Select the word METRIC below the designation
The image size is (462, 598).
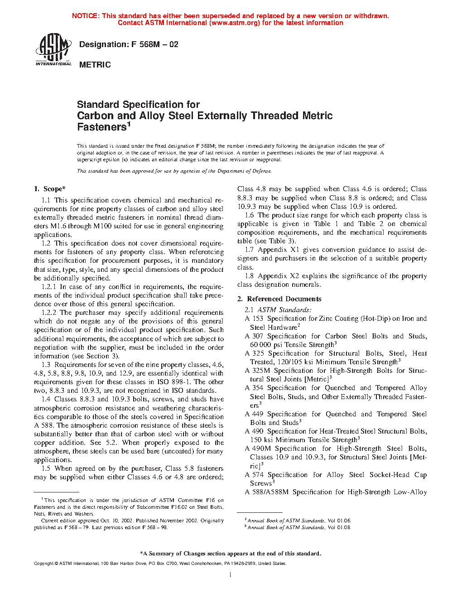95,65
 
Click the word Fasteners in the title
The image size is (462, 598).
101,127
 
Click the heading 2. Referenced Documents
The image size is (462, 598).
279,299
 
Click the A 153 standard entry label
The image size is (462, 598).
254,318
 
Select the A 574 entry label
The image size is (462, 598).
254,475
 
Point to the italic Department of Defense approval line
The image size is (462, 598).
174,171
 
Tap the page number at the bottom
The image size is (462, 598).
231,575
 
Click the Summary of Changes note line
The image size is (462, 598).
231,554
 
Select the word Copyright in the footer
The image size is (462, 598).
43,564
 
